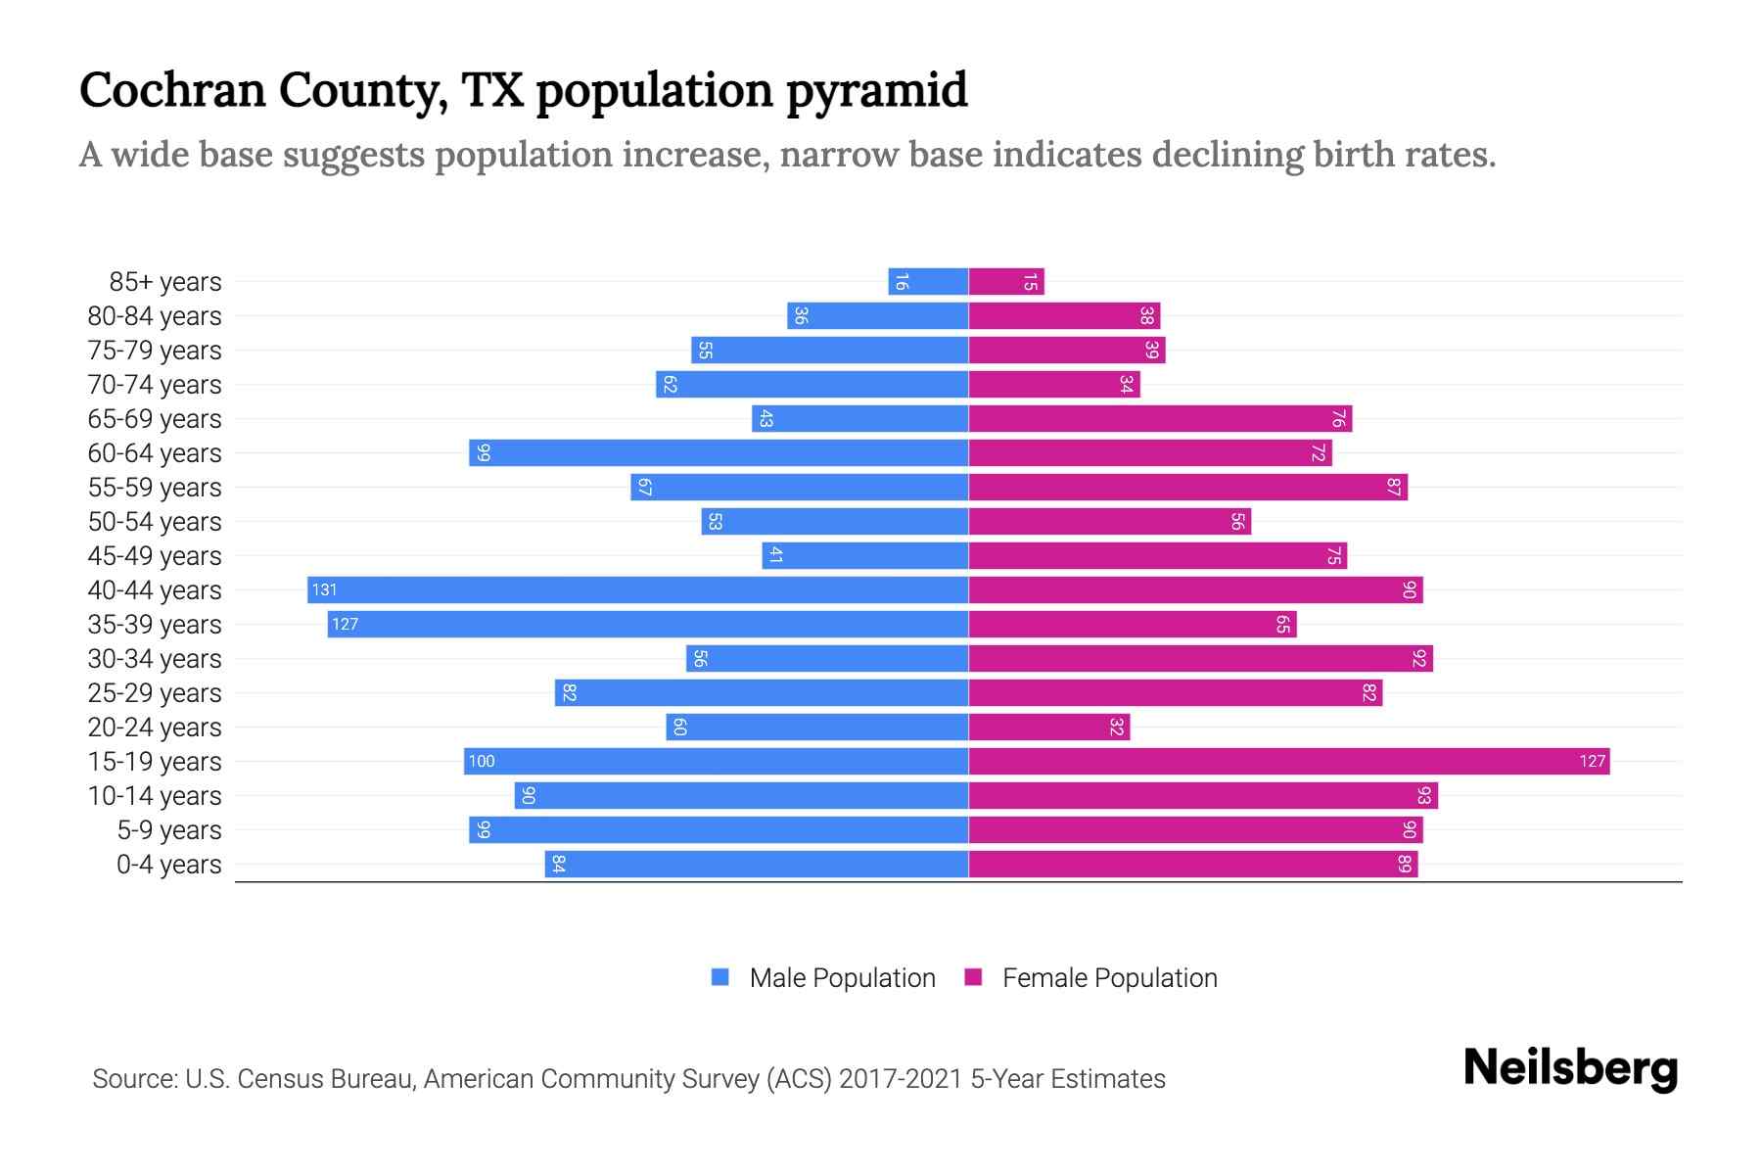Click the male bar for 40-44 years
coord(638,589)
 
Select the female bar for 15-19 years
coord(1288,761)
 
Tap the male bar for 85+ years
coord(928,281)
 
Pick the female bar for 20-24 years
coord(1048,727)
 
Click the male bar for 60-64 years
coord(719,452)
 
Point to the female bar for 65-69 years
coord(1160,418)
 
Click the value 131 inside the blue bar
coord(324,589)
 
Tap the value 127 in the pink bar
coord(1592,761)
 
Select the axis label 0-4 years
coord(168,865)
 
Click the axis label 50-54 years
coord(155,522)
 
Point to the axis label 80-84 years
coord(155,316)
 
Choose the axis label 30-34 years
coord(155,659)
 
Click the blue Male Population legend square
coord(720,977)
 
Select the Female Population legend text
coord(1109,977)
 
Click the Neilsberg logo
coord(1570,1068)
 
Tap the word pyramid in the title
coord(877,91)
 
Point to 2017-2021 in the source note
coord(900,1079)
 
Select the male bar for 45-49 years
coord(865,555)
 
